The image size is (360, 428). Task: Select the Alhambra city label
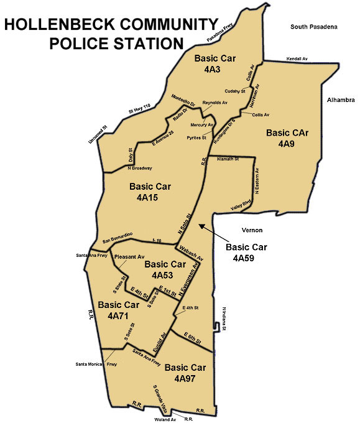click(x=340, y=100)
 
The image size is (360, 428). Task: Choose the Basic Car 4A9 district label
click(x=287, y=138)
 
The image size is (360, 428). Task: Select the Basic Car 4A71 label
click(x=118, y=310)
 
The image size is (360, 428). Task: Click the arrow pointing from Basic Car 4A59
click(x=212, y=231)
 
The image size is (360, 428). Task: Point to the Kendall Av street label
click(x=297, y=59)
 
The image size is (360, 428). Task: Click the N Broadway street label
click(x=139, y=169)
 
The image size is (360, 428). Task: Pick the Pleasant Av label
click(x=129, y=256)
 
